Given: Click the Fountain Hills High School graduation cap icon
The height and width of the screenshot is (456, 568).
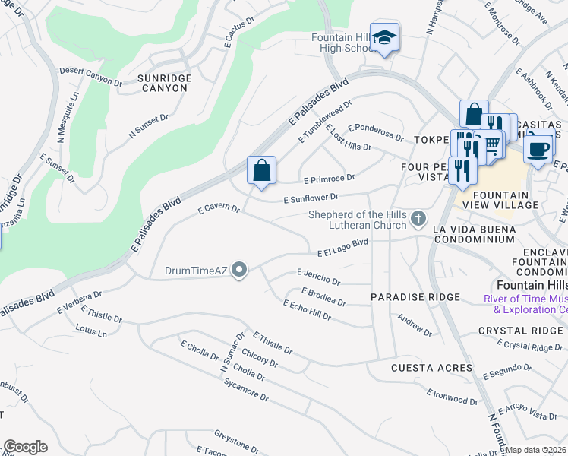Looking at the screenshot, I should coord(385,38).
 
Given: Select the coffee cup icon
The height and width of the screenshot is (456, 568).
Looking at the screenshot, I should coord(538,148).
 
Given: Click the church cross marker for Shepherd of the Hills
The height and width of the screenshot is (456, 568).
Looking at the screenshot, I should coord(418,220).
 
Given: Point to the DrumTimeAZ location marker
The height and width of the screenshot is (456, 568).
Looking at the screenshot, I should coord(239,271).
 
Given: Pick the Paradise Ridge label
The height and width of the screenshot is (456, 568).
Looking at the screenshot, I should coord(415,297).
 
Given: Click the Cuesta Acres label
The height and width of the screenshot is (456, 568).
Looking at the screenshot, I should coord(426,368).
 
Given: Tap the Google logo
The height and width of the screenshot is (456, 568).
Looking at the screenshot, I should coord(25,447).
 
